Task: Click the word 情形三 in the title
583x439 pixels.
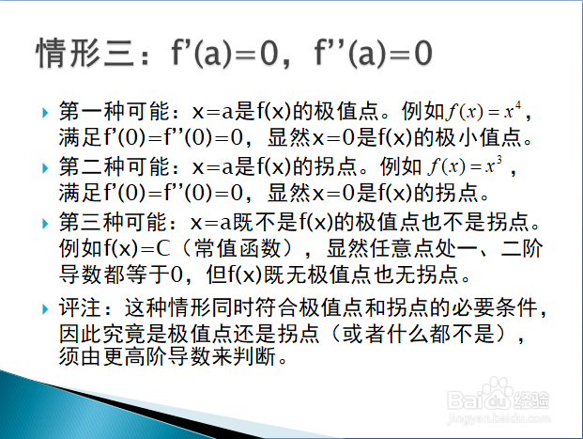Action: tap(85, 53)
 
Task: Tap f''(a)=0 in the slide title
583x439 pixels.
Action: tap(373, 53)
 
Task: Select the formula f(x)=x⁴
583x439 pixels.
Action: tap(483, 111)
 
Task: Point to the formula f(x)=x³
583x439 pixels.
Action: tap(465, 165)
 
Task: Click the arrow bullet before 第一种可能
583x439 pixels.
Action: tap(45, 112)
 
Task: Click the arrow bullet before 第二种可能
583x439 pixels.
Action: tap(45, 167)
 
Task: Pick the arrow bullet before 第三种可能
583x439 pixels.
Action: tap(45, 223)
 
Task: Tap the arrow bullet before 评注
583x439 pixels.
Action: tap(45, 309)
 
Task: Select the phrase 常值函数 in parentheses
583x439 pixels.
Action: tap(238, 248)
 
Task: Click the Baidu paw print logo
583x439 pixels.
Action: tap(498, 392)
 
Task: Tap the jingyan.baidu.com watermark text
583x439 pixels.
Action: tap(499, 418)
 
